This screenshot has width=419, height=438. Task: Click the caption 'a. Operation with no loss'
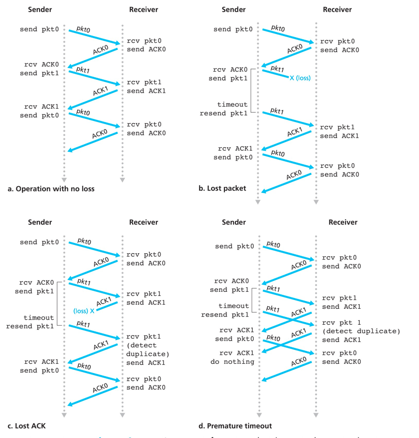[x=51, y=189]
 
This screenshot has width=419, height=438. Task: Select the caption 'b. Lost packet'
[x=222, y=188]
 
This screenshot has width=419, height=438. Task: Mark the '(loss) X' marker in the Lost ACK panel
[x=84, y=311]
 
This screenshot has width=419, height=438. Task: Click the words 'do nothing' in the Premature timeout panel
[x=232, y=362]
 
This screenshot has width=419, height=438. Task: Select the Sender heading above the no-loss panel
[x=40, y=9]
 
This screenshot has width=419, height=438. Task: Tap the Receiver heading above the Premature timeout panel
[x=343, y=222]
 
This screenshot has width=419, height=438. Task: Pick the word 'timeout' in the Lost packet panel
[x=232, y=104]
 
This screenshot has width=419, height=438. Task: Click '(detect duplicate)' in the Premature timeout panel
[x=361, y=331]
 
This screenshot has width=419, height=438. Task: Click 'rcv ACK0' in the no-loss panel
[x=41, y=64]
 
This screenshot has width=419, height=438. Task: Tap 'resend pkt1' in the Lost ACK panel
[x=30, y=326]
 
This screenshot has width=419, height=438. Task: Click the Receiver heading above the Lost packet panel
[x=338, y=9]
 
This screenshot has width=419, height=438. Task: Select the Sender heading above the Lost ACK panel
[x=40, y=222]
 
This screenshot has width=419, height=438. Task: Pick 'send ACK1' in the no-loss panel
[x=146, y=91]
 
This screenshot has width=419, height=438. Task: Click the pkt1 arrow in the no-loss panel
[x=93, y=77]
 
